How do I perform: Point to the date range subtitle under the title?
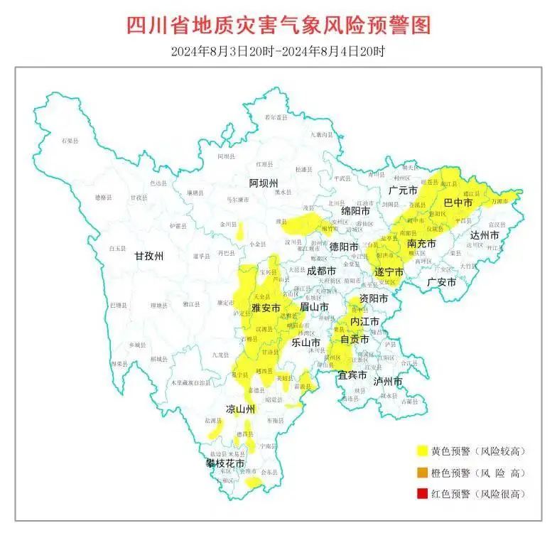pos(278,51)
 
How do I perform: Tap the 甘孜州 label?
pos(150,257)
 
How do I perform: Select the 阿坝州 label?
pos(264,183)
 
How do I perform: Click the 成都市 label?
pos(323,271)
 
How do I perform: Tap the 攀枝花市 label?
pos(225,463)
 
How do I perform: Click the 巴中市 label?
pos(458,203)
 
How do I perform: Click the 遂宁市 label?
pos(389,272)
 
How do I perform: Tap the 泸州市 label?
pos(388,382)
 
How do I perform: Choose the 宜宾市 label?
pos(352,375)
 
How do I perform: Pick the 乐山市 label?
pos(306,342)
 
